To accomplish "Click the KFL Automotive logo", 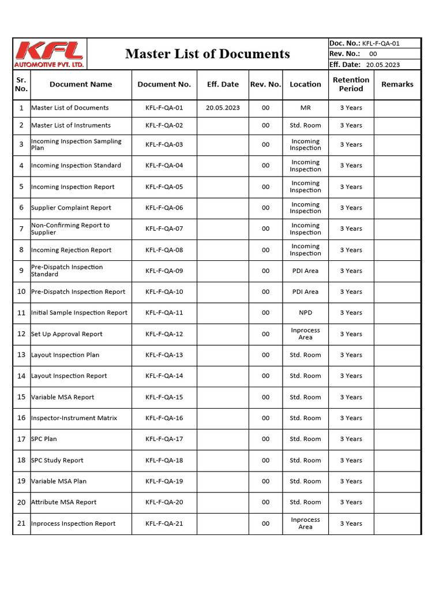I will click(x=50, y=54).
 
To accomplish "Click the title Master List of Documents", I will click(x=208, y=54).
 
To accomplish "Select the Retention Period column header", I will click(x=351, y=84).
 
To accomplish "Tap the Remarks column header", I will click(x=397, y=84).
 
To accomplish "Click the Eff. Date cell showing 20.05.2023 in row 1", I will click(x=223, y=108).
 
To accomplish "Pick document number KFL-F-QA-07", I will click(x=164, y=229).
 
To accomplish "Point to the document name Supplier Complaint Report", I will click(x=71, y=208).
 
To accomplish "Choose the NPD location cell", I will click(x=305, y=313).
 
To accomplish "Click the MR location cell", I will click(x=305, y=108).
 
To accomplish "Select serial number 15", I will click(x=21, y=397).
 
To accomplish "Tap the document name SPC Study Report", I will click(x=57, y=461).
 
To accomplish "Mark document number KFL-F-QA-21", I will click(x=164, y=523).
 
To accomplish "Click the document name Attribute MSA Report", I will click(x=64, y=502).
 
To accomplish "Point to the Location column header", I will click(x=305, y=84).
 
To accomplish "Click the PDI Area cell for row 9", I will click(x=305, y=271).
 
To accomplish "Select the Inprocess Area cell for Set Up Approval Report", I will click(x=305, y=334).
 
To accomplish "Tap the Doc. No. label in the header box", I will click(x=344, y=43).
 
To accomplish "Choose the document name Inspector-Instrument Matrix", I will click(x=74, y=418).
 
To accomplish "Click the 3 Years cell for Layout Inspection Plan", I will click(x=351, y=355).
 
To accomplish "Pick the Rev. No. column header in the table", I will click(x=265, y=84).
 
